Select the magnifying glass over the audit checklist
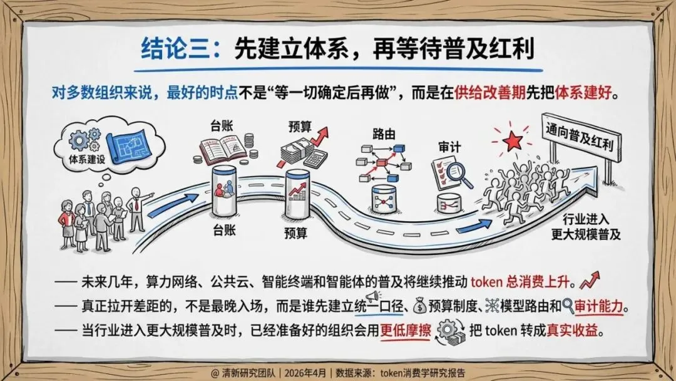[462, 174]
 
